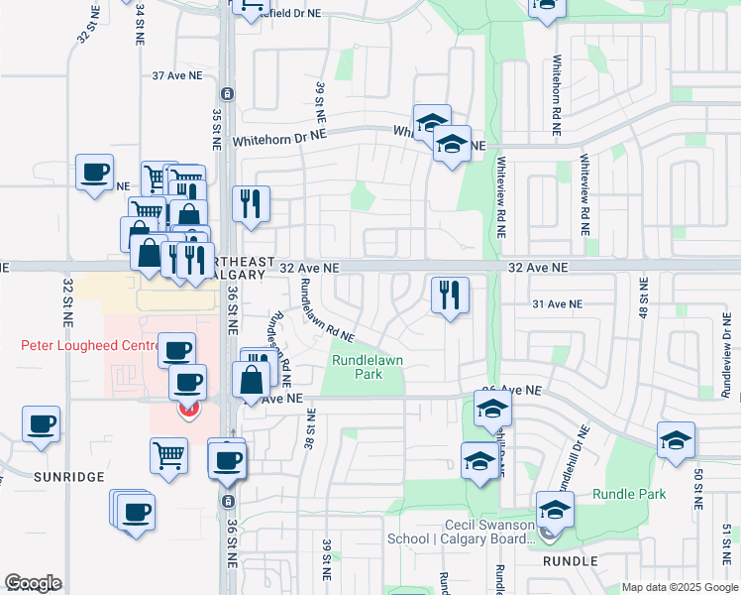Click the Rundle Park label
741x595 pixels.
click(x=626, y=494)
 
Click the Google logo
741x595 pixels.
click(x=33, y=583)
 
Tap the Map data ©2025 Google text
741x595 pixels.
click(x=680, y=587)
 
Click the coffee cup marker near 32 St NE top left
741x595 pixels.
click(x=95, y=172)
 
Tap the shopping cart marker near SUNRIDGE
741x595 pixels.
click(x=168, y=456)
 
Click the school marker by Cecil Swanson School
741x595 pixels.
click(x=556, y=510)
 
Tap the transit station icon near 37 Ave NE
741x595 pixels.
click(x=228, y=94)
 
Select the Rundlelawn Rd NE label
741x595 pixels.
click(x=327, y=311)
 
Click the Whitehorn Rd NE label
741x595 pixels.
click(x=558, y=88)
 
